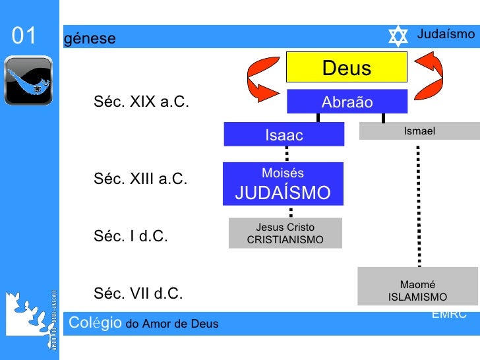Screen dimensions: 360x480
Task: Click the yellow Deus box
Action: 347,69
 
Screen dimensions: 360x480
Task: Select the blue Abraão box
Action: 347,102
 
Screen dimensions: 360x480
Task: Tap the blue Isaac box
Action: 284,135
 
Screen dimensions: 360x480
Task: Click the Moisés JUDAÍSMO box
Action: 284,184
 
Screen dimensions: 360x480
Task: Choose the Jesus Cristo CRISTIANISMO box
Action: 285,233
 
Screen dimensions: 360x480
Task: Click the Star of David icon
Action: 398,37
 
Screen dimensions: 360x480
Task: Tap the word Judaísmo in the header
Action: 446,34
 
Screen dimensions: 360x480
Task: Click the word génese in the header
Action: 90,39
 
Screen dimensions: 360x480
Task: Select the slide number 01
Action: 24,36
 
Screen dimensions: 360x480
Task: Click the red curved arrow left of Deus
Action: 261,74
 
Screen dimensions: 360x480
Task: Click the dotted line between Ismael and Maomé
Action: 418,204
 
